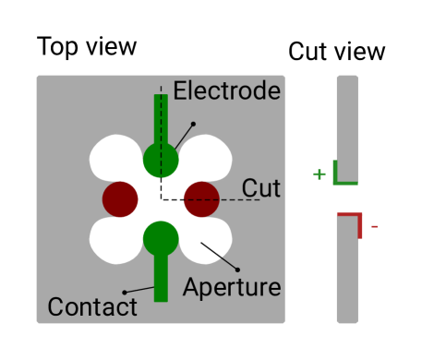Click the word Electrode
pyautogui.click(x=226, y=90)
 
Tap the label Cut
pyautogui.click(x=261, y=187)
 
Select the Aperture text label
pyautogui.click(x=232, y=287)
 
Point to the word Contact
pyautogui.click(x=91, y=307)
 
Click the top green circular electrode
pyautogui.click(x=161, y=160)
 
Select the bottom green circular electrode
pyautogui.click(x=161, y=238)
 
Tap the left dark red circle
pyautogui.click(x=120, y=198)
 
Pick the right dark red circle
pyautogui.click(x=201, y=198)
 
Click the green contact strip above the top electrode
pyautogui.click(x=161, y=115)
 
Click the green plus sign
pyautogui.click(x=320, y=174)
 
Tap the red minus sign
pyautogui.click(x=374, y=226)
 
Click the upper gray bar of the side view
pyautogui.click(x=347, y=120)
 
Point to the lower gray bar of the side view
pyautogui.click(x=347, y=277)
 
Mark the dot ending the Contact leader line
pyautogui.click(x=125, y=292)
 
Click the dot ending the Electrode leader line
pyautogui.click(x=193, y=124)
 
